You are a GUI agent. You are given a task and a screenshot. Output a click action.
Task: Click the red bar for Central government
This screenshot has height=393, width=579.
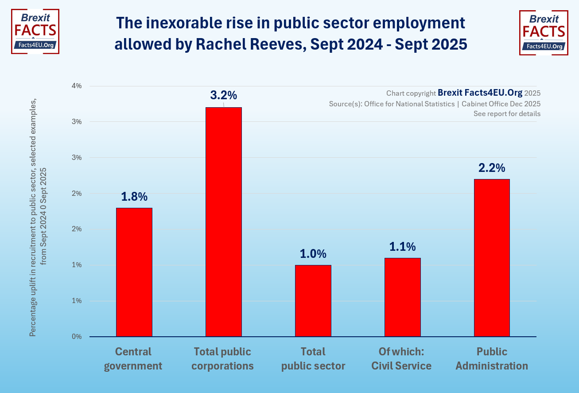click(134, 272)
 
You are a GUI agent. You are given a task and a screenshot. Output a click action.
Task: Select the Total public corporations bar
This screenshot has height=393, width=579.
click(224, 222)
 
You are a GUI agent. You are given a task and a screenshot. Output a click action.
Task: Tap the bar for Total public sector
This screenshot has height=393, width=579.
click(313, 301)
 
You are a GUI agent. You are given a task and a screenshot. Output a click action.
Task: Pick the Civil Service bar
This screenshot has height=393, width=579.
click(403, 297)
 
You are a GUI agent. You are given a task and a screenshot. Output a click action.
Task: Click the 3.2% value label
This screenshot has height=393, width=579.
click(224, 95)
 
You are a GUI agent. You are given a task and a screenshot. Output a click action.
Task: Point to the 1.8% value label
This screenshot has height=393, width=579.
click(134, 197)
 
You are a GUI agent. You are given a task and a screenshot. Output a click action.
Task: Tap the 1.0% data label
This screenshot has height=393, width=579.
click(313, 254)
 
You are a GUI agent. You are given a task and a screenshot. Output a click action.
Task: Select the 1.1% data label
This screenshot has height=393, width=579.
click(403, 247)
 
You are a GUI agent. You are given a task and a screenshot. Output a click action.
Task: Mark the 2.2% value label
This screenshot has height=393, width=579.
click(492, 168)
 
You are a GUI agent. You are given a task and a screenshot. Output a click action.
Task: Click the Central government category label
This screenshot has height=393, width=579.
click(133, 359)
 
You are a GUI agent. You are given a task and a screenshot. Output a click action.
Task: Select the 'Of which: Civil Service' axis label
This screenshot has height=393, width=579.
click(401, 359)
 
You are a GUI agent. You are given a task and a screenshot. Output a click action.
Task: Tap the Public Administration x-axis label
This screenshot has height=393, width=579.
click(492, 359)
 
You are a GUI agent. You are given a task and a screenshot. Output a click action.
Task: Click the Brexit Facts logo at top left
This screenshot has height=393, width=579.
click(35, 32)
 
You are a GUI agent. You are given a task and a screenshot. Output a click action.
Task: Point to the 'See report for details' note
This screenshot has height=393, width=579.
click(507, 113)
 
